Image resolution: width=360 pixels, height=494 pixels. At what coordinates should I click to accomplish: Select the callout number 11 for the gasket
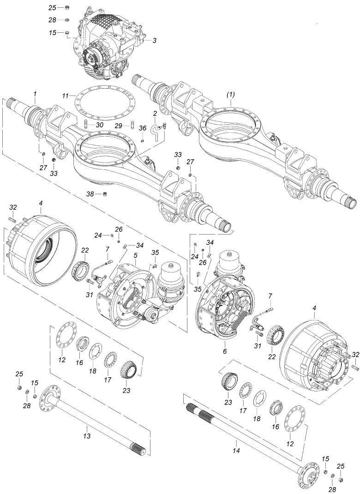[x=65, y=95]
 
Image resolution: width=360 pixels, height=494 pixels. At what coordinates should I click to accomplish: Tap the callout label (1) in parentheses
[x=231, y=94]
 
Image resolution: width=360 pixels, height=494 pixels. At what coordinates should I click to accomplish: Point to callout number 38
[x=90, y=194]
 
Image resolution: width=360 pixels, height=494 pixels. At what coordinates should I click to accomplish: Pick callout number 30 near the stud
[x=100, y=125]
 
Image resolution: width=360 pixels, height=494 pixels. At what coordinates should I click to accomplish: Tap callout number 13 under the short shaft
[x=87, y=436]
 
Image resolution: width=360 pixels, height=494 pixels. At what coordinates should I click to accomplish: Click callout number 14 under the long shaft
[x=236, y=451]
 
